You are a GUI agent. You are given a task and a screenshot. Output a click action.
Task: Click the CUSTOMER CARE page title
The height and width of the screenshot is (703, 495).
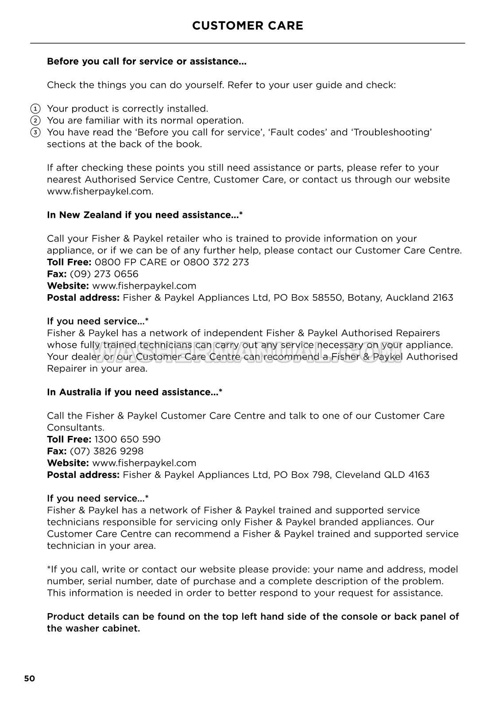pos(247,26)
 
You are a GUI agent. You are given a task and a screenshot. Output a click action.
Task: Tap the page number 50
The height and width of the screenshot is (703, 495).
pos(29,678)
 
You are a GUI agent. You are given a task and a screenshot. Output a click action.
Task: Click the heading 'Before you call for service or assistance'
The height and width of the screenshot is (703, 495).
pos(147,61)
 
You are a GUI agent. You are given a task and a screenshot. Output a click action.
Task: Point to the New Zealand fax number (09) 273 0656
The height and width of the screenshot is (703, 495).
pos(104,274)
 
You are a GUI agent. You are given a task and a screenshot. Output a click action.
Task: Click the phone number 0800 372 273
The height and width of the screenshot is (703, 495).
pos(216,262)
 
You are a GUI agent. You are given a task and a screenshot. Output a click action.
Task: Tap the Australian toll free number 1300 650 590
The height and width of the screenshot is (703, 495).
pos(128,439)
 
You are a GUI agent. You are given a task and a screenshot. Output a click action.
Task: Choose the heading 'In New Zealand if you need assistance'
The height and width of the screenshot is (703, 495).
pos(145,215)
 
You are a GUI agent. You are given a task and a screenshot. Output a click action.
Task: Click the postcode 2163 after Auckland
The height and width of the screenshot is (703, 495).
pos(443,297)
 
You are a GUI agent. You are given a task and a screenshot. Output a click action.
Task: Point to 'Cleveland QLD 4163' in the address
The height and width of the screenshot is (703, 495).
pos(382,474)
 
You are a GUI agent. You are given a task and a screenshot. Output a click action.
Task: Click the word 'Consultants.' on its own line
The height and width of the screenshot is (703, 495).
pos(76,427)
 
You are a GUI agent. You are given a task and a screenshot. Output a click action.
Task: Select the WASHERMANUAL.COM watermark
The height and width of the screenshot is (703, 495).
pos(247,352)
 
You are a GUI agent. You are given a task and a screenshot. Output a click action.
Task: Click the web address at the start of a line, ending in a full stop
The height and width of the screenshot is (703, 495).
pos(100,191)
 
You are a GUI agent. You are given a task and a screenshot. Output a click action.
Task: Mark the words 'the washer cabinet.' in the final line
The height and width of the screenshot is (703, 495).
pos(93,628)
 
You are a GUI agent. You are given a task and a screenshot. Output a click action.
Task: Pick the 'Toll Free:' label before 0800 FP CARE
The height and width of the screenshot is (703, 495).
pos(69,262)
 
